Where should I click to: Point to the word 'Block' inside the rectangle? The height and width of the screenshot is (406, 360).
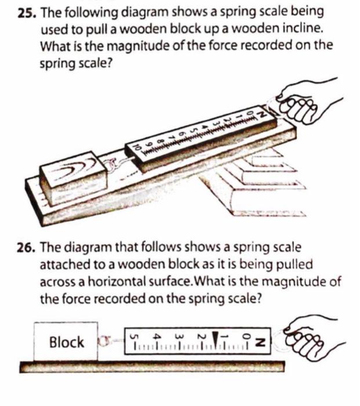click(66, 342)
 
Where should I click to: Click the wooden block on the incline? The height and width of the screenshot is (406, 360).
click(72, 177)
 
